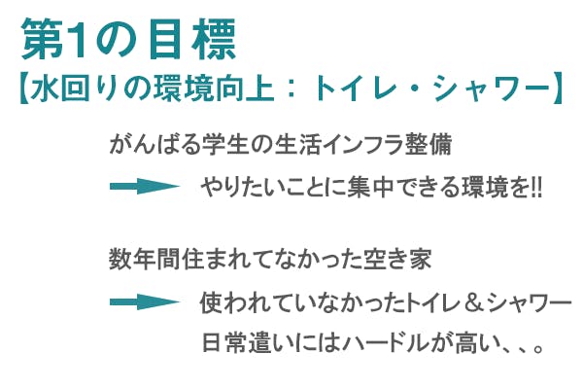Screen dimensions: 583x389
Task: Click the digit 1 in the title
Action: tap(78, 40)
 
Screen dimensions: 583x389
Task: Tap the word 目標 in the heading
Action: tap(192, 40)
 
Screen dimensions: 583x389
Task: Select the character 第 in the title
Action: tap(43, 40)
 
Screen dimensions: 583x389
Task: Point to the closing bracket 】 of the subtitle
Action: tap(558, 88)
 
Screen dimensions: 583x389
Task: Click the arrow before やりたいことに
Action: tap(145, 186)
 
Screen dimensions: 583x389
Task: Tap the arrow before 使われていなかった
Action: tap(145, 301)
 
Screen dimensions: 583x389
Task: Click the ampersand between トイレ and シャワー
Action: tap(473, 302)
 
